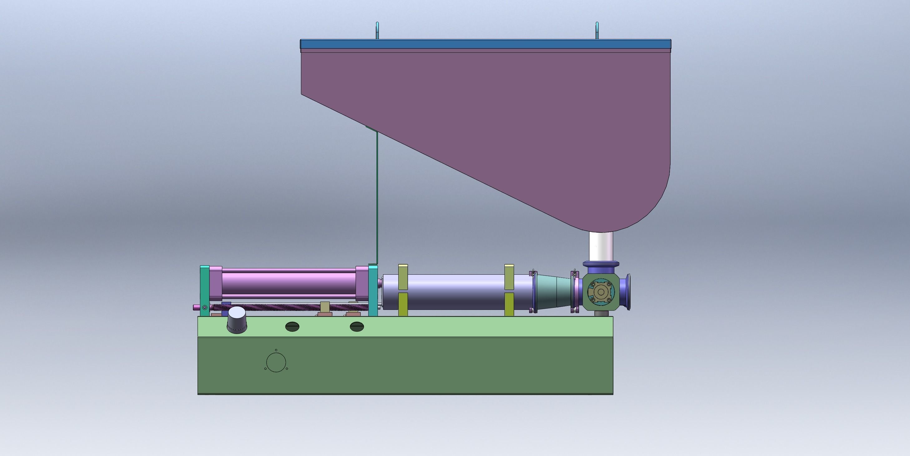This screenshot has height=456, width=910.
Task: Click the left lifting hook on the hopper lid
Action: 377,30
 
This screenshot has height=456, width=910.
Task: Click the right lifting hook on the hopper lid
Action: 597,30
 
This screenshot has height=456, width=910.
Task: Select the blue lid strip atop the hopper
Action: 485,44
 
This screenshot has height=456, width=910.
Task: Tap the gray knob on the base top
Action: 237,320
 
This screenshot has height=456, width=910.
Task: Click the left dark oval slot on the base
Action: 292,326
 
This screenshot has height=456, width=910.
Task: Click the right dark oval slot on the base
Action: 357,326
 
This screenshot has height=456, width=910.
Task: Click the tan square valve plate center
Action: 601,292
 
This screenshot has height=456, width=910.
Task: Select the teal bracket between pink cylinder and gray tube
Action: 373,290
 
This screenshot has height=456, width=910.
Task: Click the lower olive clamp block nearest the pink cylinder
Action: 403,304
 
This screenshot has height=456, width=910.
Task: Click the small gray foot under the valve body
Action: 600,314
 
